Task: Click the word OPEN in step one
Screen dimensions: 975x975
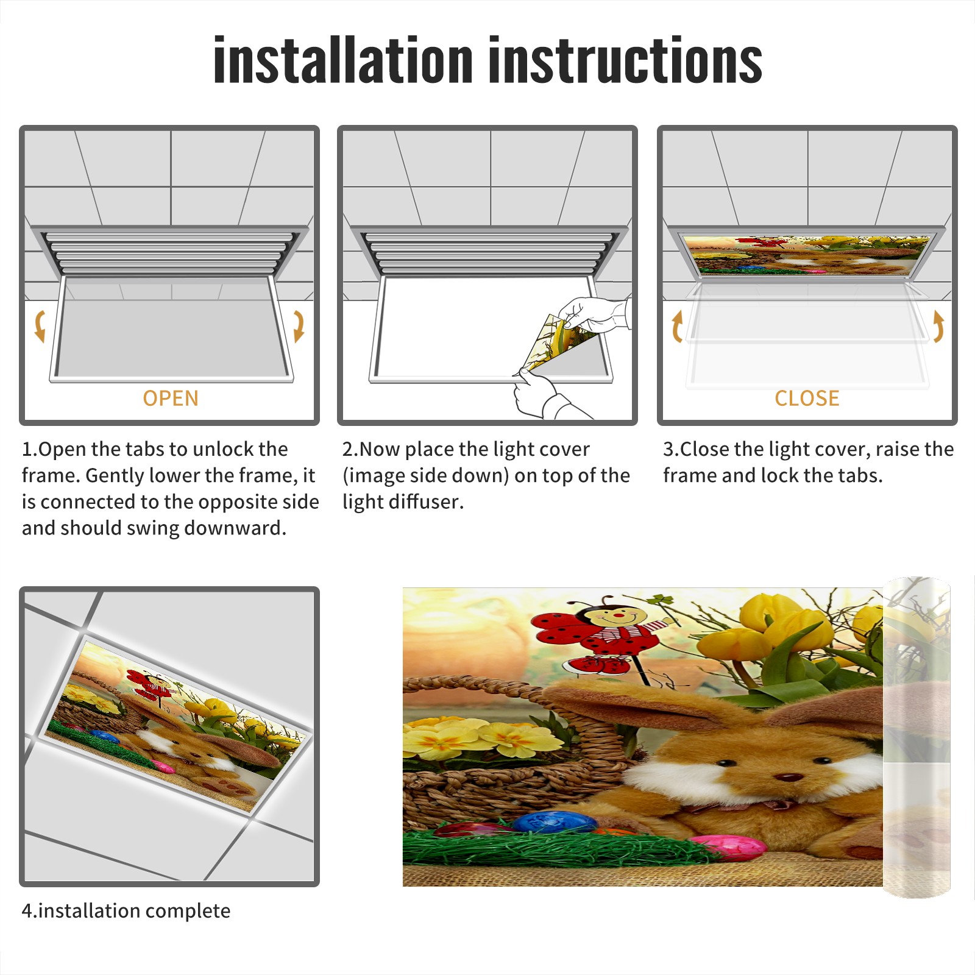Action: click(171, 399)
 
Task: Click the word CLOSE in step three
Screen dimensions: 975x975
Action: click(807, 399)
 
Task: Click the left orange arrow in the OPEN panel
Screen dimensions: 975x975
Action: click(40, 326)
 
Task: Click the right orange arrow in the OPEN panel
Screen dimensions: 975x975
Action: click(299, 326)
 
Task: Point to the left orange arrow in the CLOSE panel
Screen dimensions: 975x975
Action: click(677, 326)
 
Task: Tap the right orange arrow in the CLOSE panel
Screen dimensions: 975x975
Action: click(938, 326)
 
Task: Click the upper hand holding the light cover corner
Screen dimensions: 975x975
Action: click(594, 314)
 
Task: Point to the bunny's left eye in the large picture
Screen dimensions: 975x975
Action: click(726, 763)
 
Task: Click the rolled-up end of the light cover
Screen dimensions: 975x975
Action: click(916, 737)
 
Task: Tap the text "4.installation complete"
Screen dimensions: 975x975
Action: click(126, 911)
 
